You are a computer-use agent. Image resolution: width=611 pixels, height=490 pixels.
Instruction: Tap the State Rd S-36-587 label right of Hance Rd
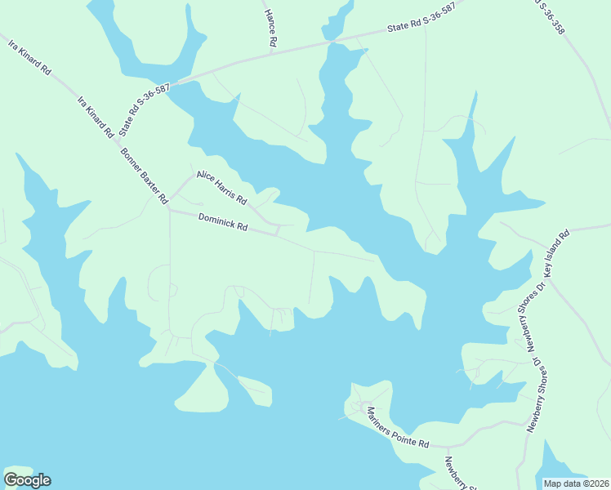(421, 25)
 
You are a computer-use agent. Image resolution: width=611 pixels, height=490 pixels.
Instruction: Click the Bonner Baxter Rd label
(144, 176)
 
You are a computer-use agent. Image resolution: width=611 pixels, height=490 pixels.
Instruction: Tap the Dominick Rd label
(222, 221)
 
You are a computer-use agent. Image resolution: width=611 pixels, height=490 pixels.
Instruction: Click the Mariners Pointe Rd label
(398, 427)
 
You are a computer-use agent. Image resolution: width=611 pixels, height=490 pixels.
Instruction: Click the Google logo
(27, 480)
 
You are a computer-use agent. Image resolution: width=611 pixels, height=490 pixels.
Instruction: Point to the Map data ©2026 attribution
(576, 483)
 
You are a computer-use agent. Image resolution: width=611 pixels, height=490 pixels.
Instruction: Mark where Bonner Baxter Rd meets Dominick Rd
(169, 209)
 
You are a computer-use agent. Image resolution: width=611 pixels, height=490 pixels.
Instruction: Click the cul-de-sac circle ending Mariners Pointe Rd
(359, 406)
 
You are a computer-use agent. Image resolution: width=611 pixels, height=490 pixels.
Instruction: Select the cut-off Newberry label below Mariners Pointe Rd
(458, 471)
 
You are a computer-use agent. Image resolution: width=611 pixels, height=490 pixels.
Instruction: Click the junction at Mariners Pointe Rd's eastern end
(448, 447)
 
